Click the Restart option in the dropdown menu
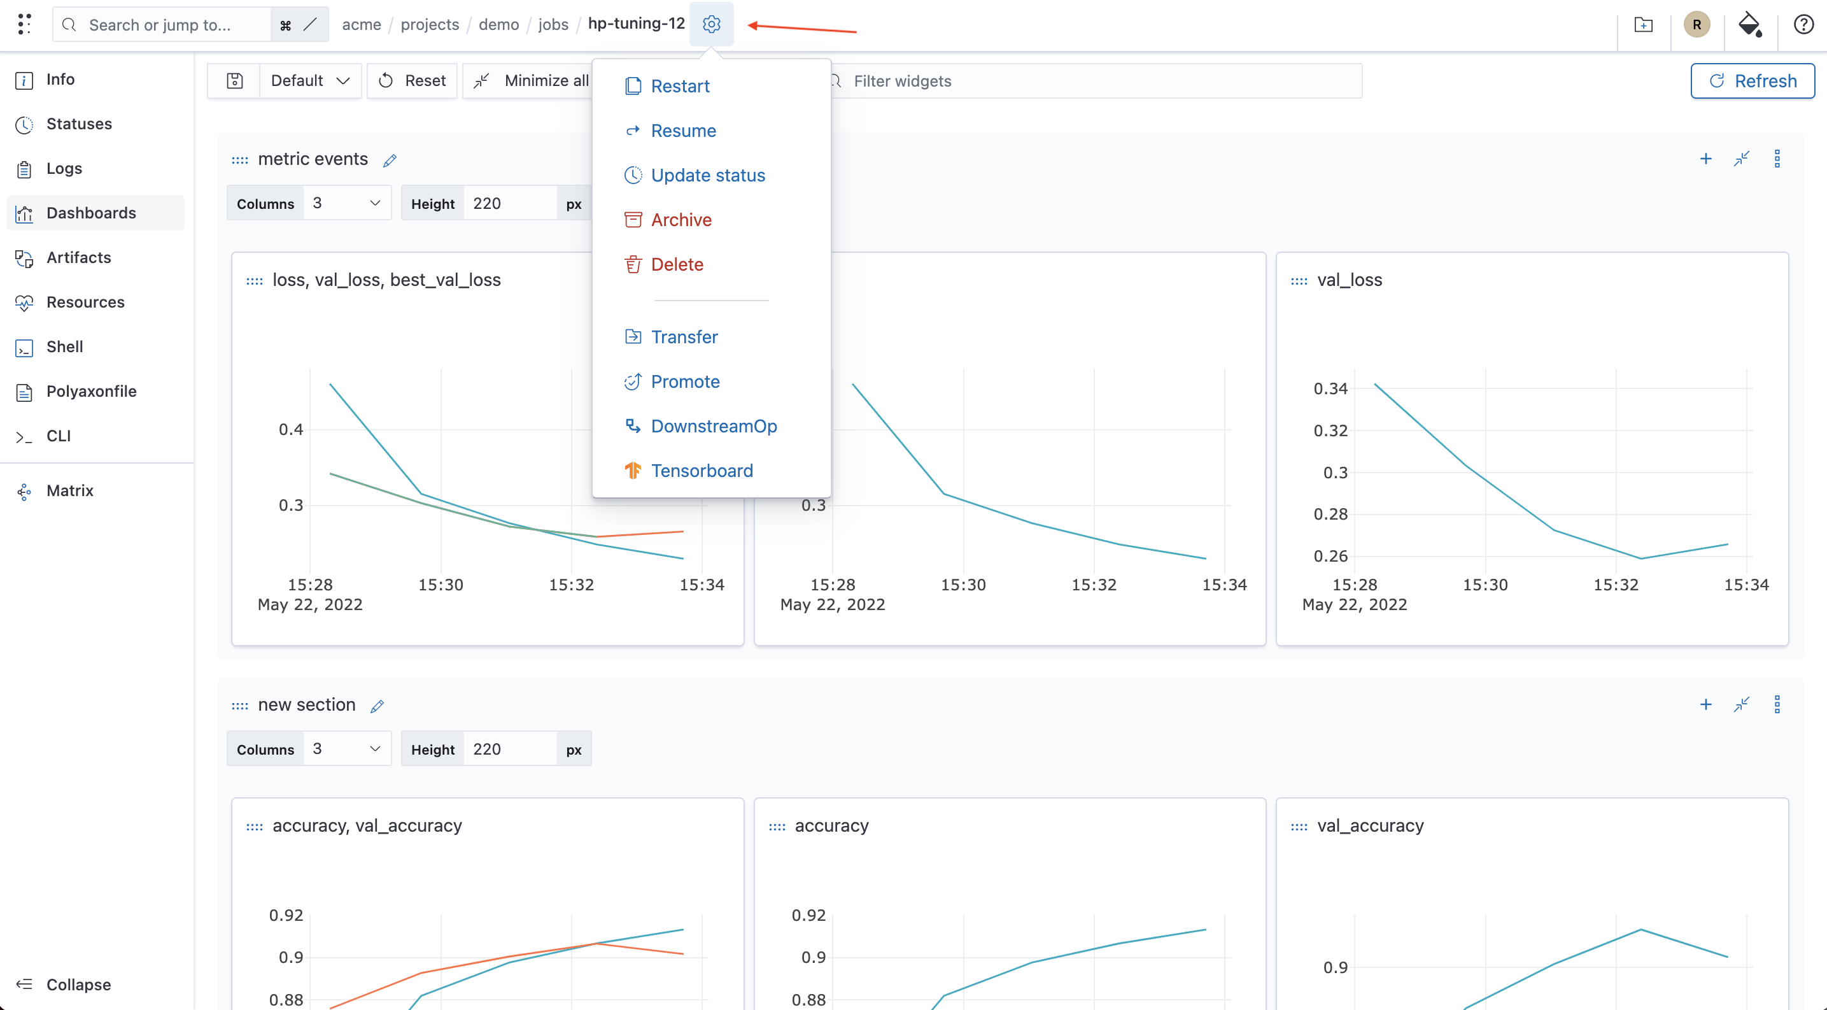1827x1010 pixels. tap(679, 86)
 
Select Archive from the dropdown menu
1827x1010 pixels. tap(681, 220)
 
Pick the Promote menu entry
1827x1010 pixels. tap(685, 381)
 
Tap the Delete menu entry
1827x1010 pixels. tap(677, 264)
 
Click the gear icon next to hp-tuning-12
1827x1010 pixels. tap(711, 24)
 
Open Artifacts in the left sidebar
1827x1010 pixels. tap(78, 257)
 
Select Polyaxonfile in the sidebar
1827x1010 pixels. tap(91, 392)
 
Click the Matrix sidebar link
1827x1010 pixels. tap(69, 491)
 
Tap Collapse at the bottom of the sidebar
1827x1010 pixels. tap(78, 985)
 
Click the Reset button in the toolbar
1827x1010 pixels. tap(412, 81)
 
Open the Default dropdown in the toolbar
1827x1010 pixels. tap(311, 81)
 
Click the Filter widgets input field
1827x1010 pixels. tap(1096, 81)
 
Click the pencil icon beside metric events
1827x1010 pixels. tap(390, 160)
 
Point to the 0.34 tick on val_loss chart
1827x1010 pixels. tap(1330, 388)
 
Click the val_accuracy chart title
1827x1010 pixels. tap(1370, 825)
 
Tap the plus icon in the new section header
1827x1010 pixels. tap(1705, 704)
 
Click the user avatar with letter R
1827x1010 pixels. tap(1696, 24)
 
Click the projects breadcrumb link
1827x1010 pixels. tap(430, 24)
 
